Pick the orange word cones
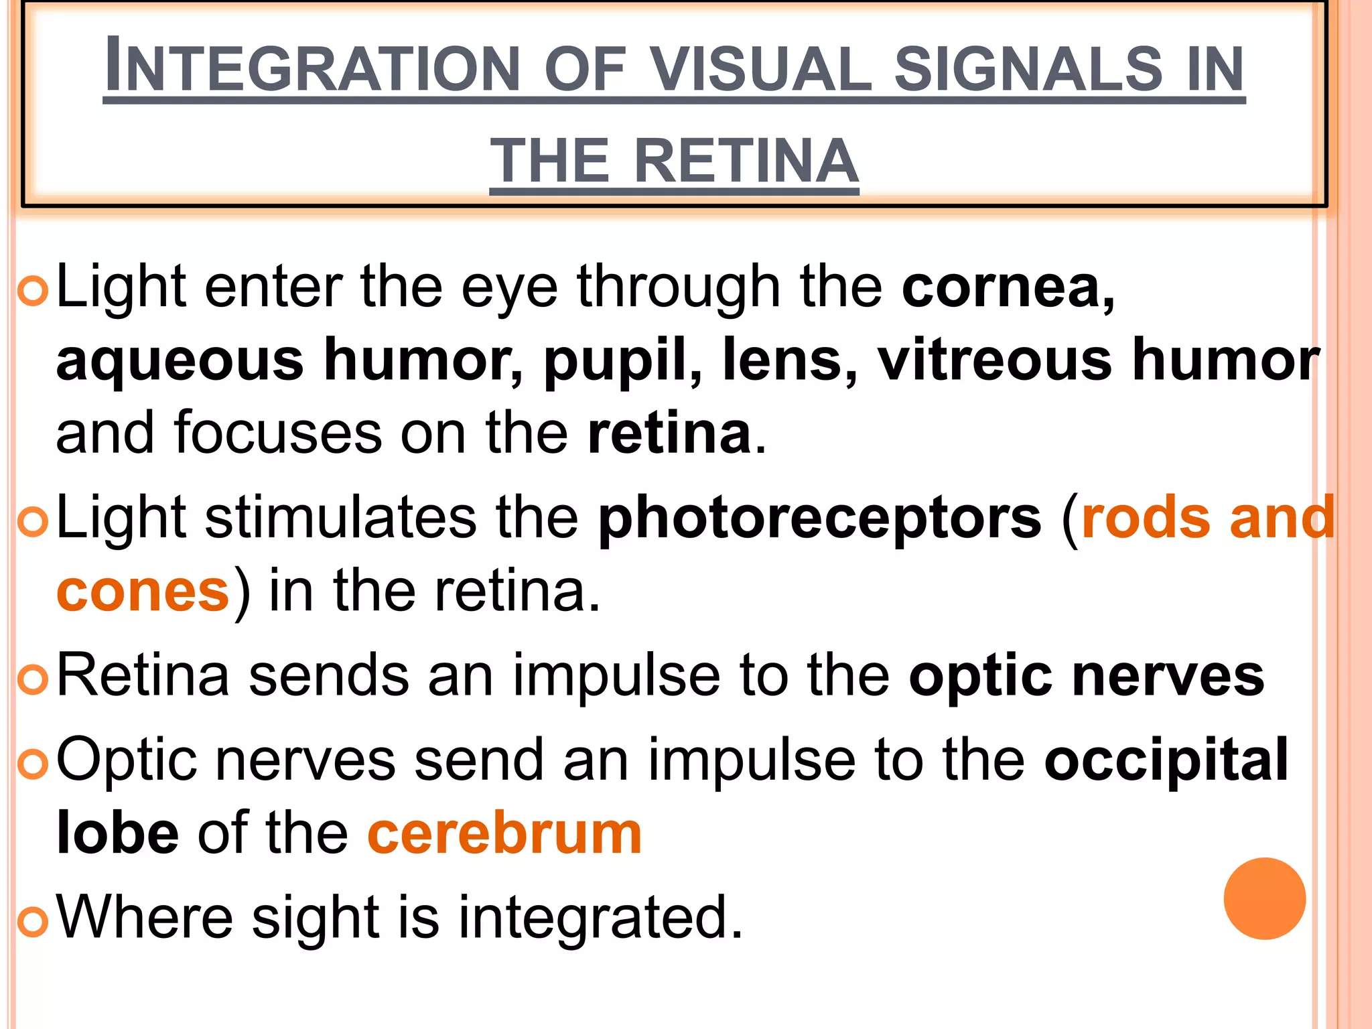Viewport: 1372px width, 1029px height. pos(143,592)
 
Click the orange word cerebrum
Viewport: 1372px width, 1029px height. pos(504,834)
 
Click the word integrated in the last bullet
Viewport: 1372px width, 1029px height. pos(600,918)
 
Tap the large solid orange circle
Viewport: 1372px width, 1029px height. pos(1264,898)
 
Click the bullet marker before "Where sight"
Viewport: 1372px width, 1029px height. pos(32,922)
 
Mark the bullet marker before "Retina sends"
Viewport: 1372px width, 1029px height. pos(32,680)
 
